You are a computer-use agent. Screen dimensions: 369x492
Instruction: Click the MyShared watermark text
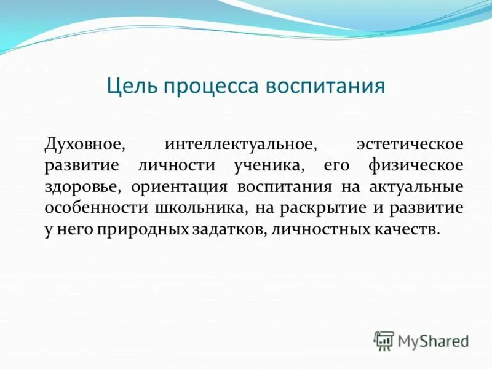[433, 340]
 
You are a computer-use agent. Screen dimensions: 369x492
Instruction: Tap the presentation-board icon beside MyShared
[384, 340]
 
